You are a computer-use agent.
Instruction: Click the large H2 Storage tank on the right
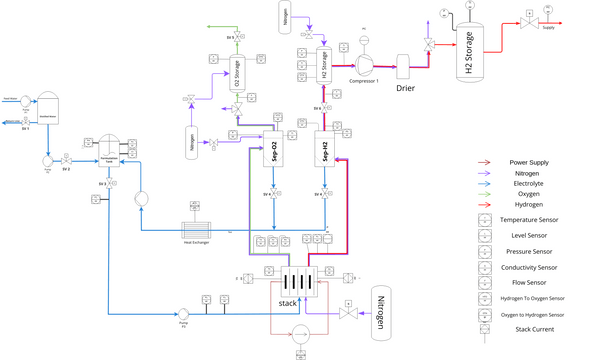coord(469,54)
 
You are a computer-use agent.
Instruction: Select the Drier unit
coord(405,63)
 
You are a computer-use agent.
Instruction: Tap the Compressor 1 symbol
coord(364,59)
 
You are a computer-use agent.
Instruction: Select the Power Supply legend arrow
coord(485,162)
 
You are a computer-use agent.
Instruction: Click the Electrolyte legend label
coord(529,183)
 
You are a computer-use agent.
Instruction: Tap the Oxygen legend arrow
coord(485,193)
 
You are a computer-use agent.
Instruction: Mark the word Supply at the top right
coord(548,28)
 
